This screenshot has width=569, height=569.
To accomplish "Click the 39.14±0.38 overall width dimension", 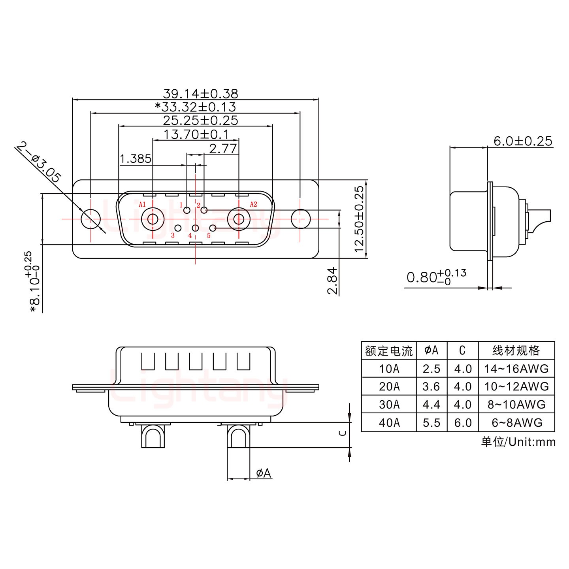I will [200, 94].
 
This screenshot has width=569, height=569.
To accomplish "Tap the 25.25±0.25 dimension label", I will [200, 121].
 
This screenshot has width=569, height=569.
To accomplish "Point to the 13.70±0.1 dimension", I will [196, 134].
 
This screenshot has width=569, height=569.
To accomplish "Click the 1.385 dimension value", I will [135, 159].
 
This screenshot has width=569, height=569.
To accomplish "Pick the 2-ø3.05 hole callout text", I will [39, 162].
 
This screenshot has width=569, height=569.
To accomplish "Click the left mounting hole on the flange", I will [91, 219].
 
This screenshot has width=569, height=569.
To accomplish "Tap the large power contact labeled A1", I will [153, 219].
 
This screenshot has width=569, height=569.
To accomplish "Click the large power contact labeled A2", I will [239, 219].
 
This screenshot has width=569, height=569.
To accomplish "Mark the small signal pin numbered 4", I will [195, 228].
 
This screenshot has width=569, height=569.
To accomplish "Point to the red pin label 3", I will [173, 236].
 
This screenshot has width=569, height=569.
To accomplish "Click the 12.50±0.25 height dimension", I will [359, 219].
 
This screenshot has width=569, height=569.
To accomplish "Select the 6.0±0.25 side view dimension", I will [522, 141].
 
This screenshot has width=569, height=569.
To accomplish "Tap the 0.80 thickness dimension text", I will [436, 277].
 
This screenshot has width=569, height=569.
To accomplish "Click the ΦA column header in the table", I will [431, 350].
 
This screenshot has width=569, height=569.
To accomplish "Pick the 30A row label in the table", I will [389, 405].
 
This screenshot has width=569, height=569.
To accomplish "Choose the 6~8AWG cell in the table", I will [517, 423].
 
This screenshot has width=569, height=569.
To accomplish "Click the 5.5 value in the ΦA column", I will [431, 423].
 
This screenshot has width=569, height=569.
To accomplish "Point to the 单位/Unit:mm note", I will [518, 441].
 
